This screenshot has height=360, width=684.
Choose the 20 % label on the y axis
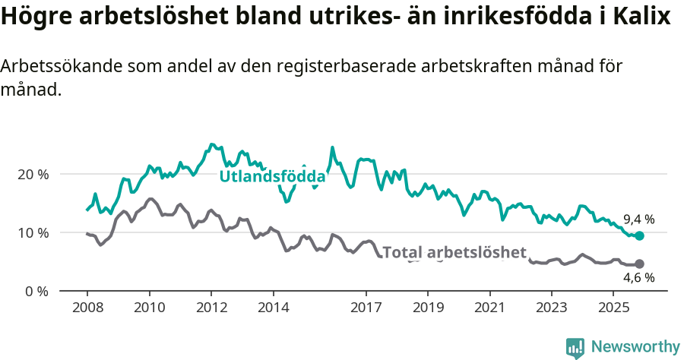pyautogui.click(x=33, y=174)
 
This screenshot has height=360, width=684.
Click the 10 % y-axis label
pyautogui.click(x=33, y=232)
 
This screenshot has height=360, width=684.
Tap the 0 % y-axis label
pyautogui.click(x=37, y=291)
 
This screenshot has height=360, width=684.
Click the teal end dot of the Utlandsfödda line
pyautogui.click(x=639, y=236)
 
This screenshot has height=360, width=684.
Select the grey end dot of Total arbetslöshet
pyautogui.click(x=639, y=264)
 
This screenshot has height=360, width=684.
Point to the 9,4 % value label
pyautogui.click(x=638, y=219)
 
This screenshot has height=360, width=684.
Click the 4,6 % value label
pyautogui.click(x=638, y=278)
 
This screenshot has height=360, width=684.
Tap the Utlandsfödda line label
pyautogui.click(x=272, y=176)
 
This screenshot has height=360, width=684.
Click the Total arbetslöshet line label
pyautogui.click(x=454, y=252)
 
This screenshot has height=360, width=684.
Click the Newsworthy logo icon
pyautogui.click(x=575, y=347)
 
